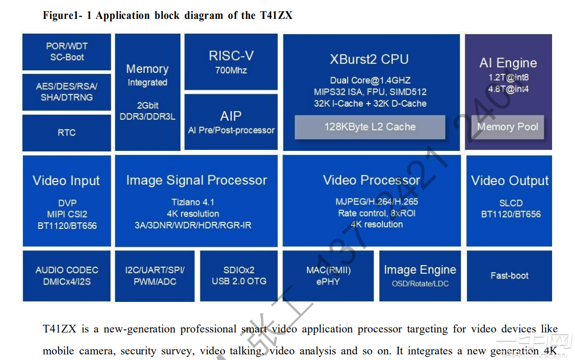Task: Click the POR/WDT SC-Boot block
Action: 67,52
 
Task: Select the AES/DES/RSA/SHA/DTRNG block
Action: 67,92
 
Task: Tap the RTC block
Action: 67,133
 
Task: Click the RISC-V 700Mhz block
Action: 231,61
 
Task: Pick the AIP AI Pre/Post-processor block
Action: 231,122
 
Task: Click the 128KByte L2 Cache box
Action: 370,127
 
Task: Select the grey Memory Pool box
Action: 507,127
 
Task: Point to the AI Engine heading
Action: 508,63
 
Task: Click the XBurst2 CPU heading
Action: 369,59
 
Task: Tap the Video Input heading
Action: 66,181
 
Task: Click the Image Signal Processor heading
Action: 196,180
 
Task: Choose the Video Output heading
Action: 510,181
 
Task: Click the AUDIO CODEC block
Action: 67,275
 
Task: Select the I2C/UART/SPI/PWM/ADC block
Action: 154,275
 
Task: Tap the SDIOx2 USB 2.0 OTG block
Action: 239,275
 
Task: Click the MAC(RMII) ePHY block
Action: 328,275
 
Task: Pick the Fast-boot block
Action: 509,275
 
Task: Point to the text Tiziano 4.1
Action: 193,202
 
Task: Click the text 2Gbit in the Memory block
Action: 148,105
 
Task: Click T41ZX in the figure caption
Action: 275,15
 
